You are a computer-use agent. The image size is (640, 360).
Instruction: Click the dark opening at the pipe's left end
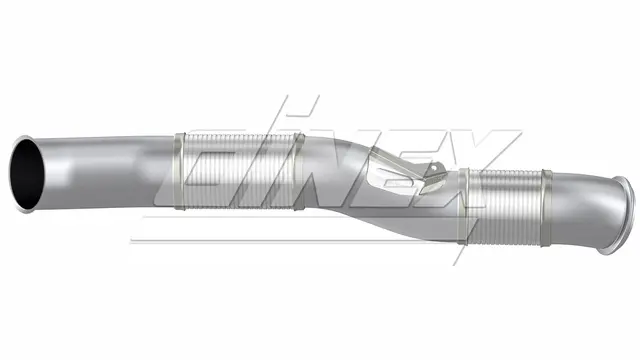coord(27,174)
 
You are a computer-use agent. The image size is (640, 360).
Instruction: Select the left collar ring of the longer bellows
coord(180,171)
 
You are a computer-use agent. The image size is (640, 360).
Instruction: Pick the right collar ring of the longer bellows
coord(299,171)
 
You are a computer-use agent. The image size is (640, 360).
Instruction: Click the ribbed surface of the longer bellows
coord(239,171)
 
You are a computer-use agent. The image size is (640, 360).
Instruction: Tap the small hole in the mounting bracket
coord(435,167)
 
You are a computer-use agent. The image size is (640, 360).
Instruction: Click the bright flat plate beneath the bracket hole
coord(433,180)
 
